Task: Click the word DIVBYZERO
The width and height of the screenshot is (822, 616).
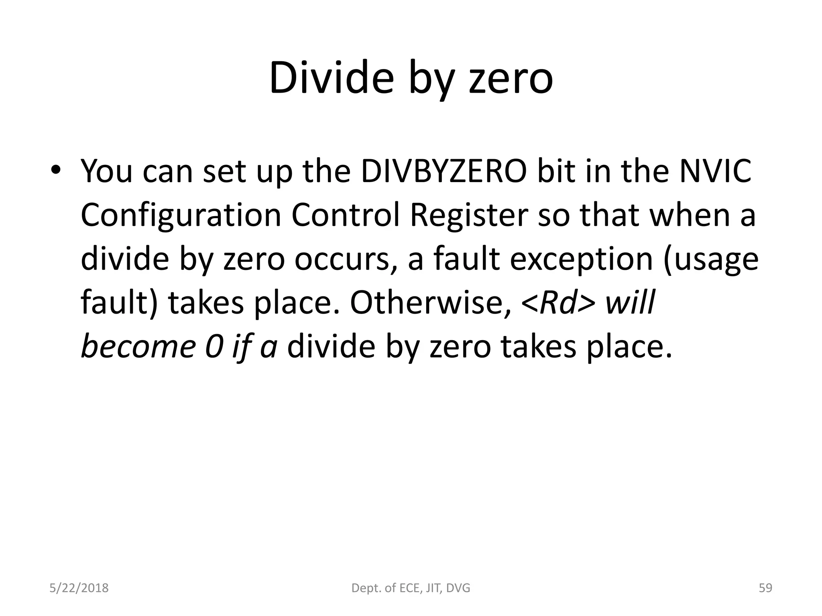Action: coord(444,171)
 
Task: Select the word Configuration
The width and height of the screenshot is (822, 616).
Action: coord(181,215)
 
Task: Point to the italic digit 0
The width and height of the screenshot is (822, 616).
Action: coord(214,347)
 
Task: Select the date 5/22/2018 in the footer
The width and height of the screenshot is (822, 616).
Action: coord(79,588)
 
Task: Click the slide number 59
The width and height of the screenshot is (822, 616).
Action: coord(765,588)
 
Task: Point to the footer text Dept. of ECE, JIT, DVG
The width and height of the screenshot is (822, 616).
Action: coord(411,588)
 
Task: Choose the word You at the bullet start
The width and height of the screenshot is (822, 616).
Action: coord(106,171)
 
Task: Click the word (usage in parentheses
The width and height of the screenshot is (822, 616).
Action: coord(711,260)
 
